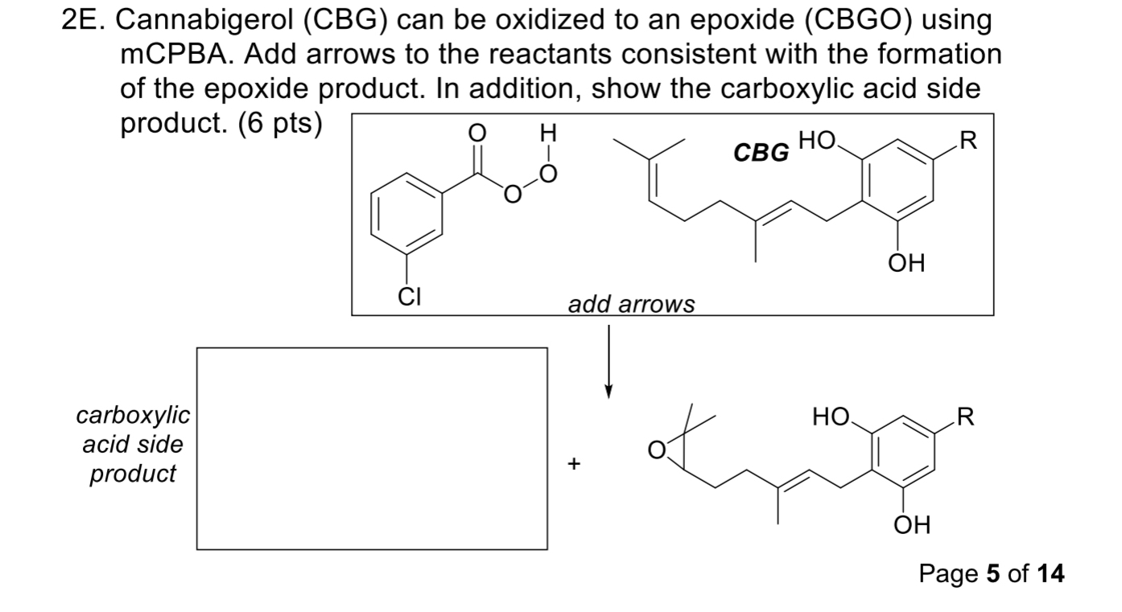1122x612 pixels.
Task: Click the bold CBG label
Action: click(761, 152)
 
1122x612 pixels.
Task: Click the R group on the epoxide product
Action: click(967, 417)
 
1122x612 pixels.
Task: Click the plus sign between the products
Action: click(573, 464)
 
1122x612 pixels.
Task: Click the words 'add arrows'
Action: click(631, 305)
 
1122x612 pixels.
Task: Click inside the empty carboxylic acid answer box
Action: click(372, 448)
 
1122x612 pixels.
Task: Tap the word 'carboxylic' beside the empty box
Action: click(133, 416)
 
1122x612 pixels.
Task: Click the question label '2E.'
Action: click(84, 22)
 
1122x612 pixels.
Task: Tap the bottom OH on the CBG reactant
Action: click(907, 262)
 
